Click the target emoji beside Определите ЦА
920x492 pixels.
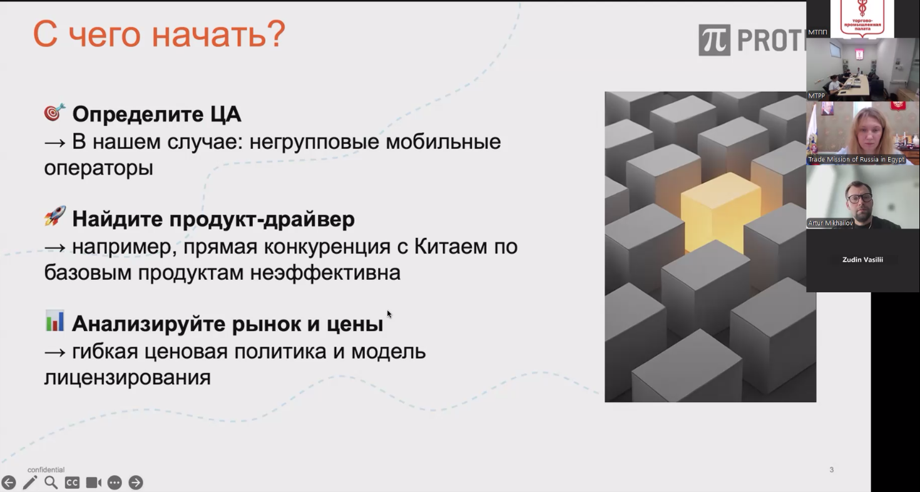(54, 112)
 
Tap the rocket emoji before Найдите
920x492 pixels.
(55, 216)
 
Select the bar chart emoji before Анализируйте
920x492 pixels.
(54, 320)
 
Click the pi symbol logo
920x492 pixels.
(715, 40)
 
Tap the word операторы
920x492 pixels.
(99, 168)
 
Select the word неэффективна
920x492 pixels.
(325, 273)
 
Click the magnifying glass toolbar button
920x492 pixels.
(51, 483)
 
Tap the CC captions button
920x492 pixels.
(72, 483)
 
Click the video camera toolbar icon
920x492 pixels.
(94, 483)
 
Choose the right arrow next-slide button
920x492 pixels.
(136, 483)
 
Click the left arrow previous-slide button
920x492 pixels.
(9, 483)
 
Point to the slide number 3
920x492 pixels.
(832, 470)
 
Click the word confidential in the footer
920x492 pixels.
(46, 470)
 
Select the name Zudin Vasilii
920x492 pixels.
(862, 260)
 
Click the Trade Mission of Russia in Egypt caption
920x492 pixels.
(856, 160)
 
